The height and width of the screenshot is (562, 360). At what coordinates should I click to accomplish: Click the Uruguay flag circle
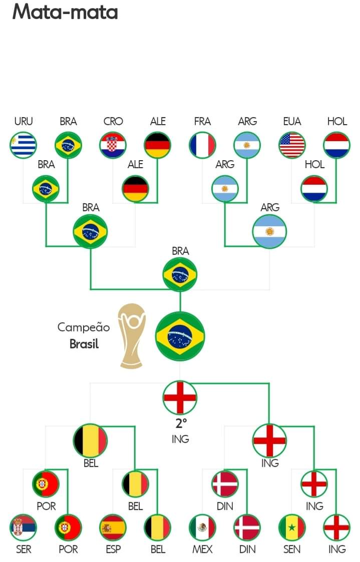[23, 145]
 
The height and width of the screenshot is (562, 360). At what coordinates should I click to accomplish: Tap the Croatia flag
[113, 145]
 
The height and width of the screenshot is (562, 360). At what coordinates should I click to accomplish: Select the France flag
[202, 145]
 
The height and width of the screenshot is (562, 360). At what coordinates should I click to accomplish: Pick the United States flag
[292, 145]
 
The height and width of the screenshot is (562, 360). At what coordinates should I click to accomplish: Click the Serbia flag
[23, 527]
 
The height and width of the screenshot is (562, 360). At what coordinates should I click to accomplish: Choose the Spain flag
[113, 527]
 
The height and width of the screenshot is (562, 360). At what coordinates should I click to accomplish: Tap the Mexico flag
[202, 527]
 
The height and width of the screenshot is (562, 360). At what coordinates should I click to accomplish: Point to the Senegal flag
[292, 527]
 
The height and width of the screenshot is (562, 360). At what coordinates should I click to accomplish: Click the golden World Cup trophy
[132, 336]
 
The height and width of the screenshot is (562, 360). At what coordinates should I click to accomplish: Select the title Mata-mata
[65, 12]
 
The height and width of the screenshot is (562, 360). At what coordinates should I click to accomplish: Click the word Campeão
[84, 327]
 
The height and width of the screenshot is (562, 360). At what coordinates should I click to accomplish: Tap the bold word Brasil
[84, 344]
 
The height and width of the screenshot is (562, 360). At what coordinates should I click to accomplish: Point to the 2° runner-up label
[181, 423]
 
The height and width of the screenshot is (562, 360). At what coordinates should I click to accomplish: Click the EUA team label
[292, 121]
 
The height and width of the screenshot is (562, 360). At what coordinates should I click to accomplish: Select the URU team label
[23, 121]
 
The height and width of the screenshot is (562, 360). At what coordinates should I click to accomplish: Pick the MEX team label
[202, 549]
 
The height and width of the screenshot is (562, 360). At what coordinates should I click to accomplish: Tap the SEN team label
[292, 549]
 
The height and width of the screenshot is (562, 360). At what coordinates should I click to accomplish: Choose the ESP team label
[113, 549]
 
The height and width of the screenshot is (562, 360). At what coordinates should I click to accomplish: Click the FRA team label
[202, 121]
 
